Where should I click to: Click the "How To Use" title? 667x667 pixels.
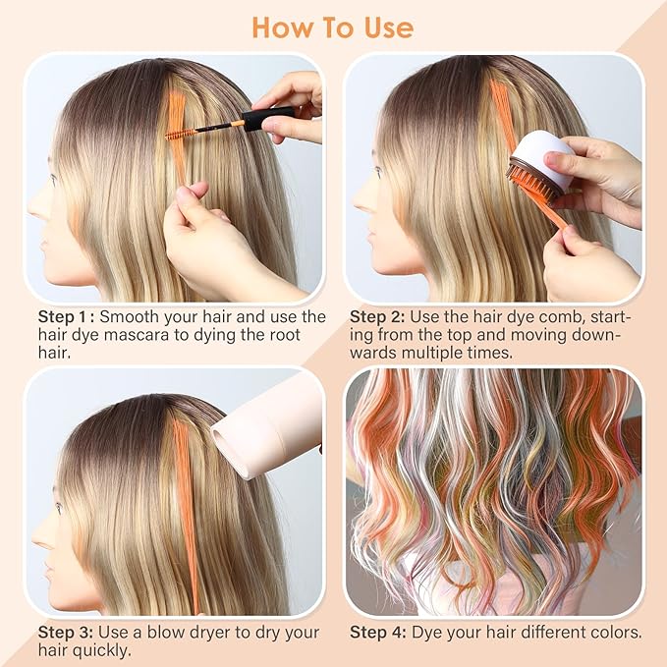click(x=334, y=27)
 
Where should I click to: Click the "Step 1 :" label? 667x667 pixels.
click(x=66, y=317)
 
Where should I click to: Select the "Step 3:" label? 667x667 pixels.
click(x=66, y=633)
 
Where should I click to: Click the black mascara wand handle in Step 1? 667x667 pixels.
click(x=263, y=120)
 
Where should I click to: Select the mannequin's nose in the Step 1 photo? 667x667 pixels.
click(x=33, y=203)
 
